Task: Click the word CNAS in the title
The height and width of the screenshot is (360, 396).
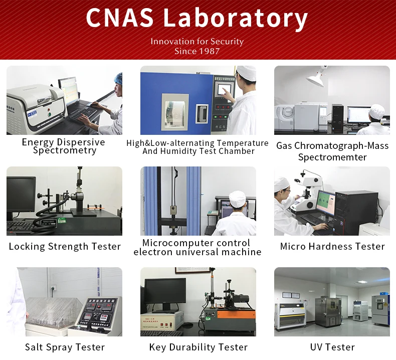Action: [120, 17]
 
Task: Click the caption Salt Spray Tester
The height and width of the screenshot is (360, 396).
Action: [65, 347]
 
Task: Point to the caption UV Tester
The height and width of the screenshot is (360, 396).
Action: [332, 347]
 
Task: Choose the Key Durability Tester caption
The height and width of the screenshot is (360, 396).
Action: [199, 347]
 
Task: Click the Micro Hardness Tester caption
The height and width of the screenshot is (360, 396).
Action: [332, 246]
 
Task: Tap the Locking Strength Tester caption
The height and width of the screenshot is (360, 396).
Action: [65, 247]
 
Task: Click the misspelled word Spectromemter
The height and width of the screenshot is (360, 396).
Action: [332, 157]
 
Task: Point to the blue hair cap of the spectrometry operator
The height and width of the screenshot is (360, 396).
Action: [118, 79]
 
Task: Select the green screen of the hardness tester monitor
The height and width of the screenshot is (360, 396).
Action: [325, 202]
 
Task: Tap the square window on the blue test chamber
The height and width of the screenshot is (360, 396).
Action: [175, 112]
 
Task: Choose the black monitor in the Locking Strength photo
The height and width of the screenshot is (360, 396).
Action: [21, 195]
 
